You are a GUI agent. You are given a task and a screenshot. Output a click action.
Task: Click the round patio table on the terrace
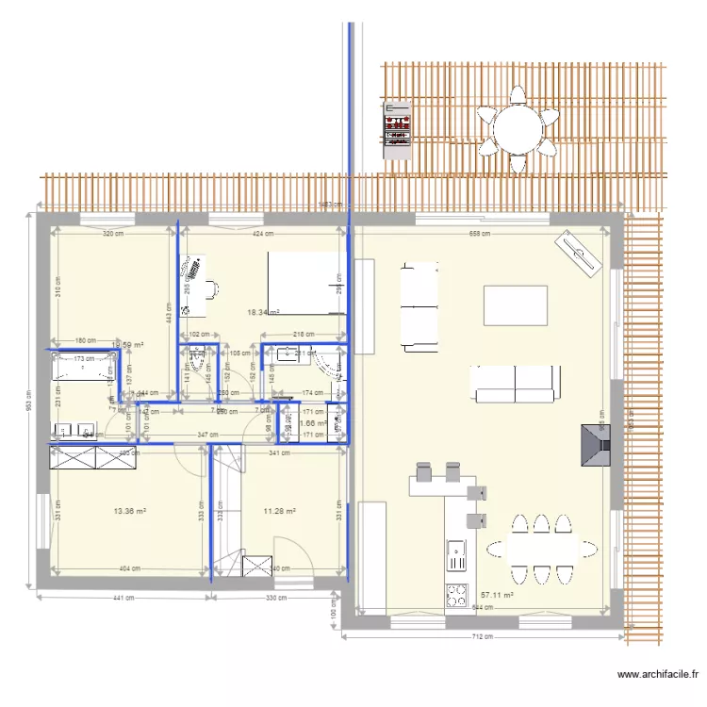(x=516, y=128)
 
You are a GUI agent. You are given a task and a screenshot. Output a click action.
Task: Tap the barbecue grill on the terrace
(x=397, y=128)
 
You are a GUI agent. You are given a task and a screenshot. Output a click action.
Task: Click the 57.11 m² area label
(x=498, y=596)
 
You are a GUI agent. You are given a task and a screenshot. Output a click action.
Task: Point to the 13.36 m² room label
(x=129, y=512)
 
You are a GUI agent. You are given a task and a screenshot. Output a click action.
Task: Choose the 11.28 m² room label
(x=280, y=512)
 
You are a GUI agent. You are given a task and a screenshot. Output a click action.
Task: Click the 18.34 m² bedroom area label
(x=263, y=312)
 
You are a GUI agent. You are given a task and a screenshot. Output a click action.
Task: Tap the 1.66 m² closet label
(x=312, y=424)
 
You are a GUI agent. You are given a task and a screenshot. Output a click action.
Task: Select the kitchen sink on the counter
(x=456, y=554)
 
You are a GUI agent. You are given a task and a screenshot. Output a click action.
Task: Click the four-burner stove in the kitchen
(x=456, y=595)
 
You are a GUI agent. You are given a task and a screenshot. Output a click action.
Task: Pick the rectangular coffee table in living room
(x=516, y=304)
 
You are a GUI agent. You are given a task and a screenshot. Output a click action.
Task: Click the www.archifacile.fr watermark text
(x=657, y=674)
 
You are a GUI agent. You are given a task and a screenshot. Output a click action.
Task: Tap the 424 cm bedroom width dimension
(x=263, y=233)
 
